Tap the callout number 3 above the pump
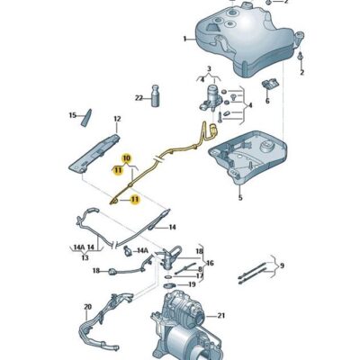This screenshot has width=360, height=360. click(208, 70)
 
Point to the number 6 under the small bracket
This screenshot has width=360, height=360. click(267, 102)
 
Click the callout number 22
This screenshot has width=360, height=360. click(139, 98)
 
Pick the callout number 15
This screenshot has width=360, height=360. click(73, 115)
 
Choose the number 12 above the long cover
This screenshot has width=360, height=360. click(116, 119)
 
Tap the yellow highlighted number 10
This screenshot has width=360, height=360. click(127, 158)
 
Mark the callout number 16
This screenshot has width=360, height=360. click(210, 264)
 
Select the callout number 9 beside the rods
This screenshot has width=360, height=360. click(281, 265)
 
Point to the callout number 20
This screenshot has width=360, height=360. click(87, 307)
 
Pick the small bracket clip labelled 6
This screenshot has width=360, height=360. click(269, 85)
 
